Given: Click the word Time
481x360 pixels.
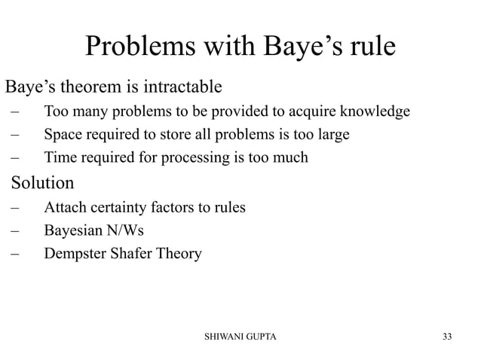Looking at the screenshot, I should coord(60,158).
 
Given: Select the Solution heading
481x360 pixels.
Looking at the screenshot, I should coord(41,183).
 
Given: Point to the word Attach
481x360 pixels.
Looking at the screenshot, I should coord(65,207).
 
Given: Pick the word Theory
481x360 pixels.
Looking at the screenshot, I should coord(181,253).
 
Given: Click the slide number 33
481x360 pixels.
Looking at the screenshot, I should coord(448,336).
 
